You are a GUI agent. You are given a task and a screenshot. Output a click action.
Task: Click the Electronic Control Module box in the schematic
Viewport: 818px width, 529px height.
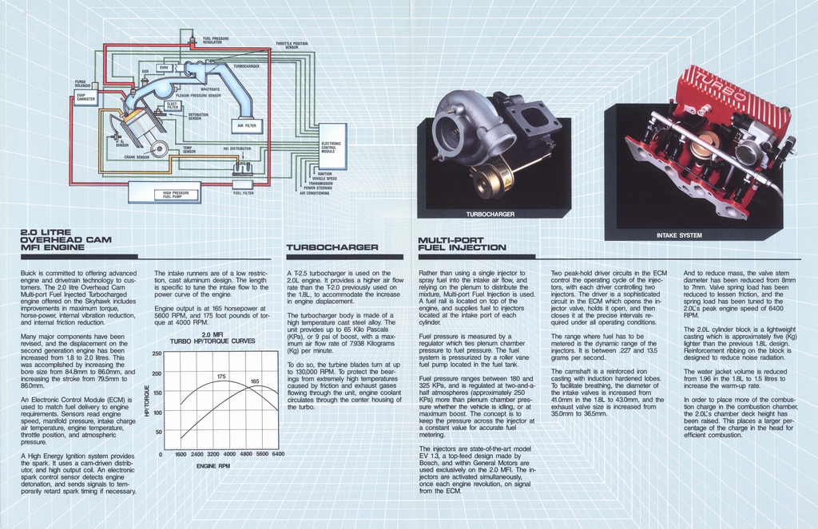[x=333, y=147]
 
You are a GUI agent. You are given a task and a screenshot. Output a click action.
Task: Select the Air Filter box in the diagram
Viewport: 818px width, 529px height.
[x=246, y=125]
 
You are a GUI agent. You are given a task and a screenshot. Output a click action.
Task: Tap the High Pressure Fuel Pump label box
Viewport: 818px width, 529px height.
[x=176, y=193]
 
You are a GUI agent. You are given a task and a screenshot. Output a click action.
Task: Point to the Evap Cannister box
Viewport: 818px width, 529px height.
[x=85, y=97]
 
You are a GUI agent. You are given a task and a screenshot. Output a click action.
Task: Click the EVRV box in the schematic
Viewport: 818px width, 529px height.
[x=164, y=68]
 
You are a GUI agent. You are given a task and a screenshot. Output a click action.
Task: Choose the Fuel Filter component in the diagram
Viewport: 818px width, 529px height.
[x=243, y=192]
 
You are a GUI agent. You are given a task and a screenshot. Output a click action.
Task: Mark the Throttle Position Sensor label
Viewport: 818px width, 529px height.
[x=292, y=45]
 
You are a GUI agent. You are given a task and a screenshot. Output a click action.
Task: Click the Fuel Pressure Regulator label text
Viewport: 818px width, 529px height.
[x=216, y=40]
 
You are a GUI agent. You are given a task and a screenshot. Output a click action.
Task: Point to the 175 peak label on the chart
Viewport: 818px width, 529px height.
[x=221, y=376]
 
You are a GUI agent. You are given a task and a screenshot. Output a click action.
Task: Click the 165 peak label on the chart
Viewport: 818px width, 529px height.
[x=255, y=381]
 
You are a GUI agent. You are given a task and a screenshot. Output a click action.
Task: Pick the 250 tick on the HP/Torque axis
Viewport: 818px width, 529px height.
[x=157, y=353]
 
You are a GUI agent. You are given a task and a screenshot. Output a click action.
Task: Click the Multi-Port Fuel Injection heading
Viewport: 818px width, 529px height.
[x=462, y=243]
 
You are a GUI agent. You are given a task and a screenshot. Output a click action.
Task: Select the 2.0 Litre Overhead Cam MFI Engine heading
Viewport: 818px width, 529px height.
[x=66, y=239]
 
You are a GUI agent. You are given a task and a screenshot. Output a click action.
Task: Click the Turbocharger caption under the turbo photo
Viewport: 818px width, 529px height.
[x=490, y=214]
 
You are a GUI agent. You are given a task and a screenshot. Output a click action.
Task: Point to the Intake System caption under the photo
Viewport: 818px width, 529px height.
[x=679, y=235]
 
